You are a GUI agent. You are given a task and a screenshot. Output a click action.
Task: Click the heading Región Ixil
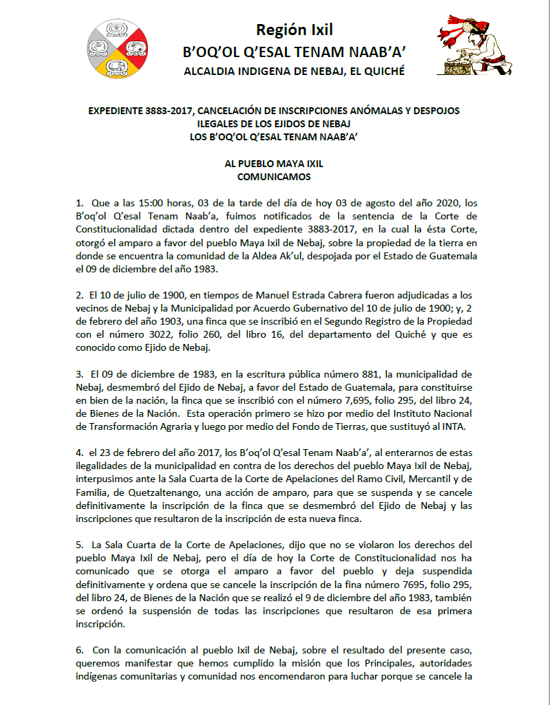[294, 30]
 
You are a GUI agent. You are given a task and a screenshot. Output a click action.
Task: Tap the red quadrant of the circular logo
[136, 48]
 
